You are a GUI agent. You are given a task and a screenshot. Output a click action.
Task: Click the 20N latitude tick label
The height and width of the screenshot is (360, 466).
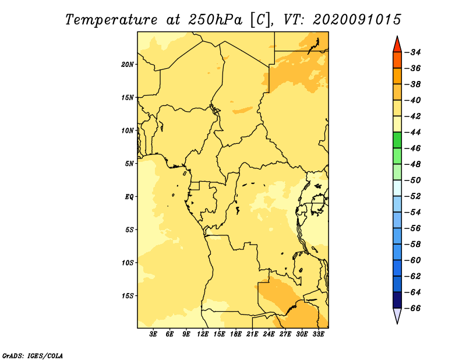tap(128, 65)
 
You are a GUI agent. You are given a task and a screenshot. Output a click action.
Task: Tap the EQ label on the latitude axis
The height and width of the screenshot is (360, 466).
tap(129, 197)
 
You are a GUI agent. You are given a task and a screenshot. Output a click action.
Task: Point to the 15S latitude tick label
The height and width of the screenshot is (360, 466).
tap(128, 296)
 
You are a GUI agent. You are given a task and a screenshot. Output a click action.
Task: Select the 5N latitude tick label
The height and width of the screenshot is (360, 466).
tap(129, 164)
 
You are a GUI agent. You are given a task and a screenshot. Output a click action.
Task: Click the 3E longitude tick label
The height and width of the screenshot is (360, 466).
tap(153, 334)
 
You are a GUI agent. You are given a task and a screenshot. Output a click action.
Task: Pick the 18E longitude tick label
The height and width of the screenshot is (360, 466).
tap(236, 334)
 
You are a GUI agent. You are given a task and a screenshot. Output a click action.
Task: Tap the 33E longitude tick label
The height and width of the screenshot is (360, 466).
tap(318, 334)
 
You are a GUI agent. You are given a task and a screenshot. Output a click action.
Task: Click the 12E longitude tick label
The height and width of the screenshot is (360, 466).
tap(203, 334)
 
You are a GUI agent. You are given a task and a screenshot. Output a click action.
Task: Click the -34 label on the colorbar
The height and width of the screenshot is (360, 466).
tap(413, 52)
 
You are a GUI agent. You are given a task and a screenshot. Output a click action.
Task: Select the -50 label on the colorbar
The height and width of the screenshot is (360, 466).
tap(413, 180)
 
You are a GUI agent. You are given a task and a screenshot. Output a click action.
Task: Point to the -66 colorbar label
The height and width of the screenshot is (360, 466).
tap(413, 308)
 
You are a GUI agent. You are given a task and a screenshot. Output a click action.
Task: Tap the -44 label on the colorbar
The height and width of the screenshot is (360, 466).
tap(413, 132)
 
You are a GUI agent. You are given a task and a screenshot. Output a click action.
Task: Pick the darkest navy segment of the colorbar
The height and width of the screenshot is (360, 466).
tap(397, 300)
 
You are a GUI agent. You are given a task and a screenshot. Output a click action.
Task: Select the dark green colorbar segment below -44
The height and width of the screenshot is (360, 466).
tap(397, 140)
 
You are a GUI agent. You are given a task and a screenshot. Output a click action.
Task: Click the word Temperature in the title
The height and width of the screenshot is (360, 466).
tap(111, 20)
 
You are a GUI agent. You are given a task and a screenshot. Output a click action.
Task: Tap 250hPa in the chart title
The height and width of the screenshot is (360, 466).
tap(215, 20)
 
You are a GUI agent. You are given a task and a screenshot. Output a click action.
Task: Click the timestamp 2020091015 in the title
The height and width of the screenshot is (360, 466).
tap(356, 20)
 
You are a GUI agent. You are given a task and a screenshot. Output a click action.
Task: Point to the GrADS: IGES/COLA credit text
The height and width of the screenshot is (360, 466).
tap(33, 355)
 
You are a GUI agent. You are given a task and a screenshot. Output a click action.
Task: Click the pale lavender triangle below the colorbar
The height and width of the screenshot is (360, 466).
tap(397, 315)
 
